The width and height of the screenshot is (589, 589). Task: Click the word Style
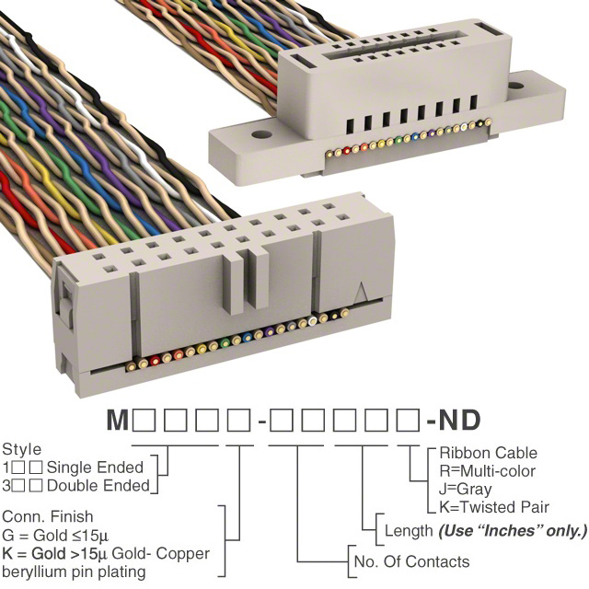(21, 450)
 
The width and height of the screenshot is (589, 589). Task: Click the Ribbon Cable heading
(488, 454)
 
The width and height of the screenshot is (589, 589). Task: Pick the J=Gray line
(465, 490)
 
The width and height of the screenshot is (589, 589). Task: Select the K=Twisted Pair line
(494, 507)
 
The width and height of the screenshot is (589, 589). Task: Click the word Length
(409, 531)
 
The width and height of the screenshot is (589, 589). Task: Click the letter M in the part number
(118, 422)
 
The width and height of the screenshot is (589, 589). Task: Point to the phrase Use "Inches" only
(512, 531)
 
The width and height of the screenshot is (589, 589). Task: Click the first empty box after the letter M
(143, 422)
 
